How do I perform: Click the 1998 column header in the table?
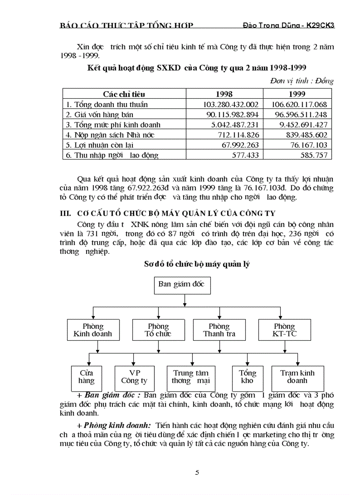pos(224,94)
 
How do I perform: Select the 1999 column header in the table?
pos(297,94)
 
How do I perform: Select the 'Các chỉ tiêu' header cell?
pos(124,94)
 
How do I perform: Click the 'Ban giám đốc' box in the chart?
pos(181,284)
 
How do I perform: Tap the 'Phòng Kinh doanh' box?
pos(93,330)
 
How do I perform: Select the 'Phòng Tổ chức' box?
pos(158,330)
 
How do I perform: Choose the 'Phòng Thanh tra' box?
pos(219,330)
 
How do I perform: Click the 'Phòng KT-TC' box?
pos(285,330)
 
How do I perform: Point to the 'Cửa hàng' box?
pos(86,376)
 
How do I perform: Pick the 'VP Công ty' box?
pos(134,376)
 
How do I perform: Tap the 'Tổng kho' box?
pos(247,376)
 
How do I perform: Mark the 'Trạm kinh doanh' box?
pos(297,376)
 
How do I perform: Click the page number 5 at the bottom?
pos(197,473)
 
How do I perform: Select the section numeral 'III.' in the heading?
pos(65,213)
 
